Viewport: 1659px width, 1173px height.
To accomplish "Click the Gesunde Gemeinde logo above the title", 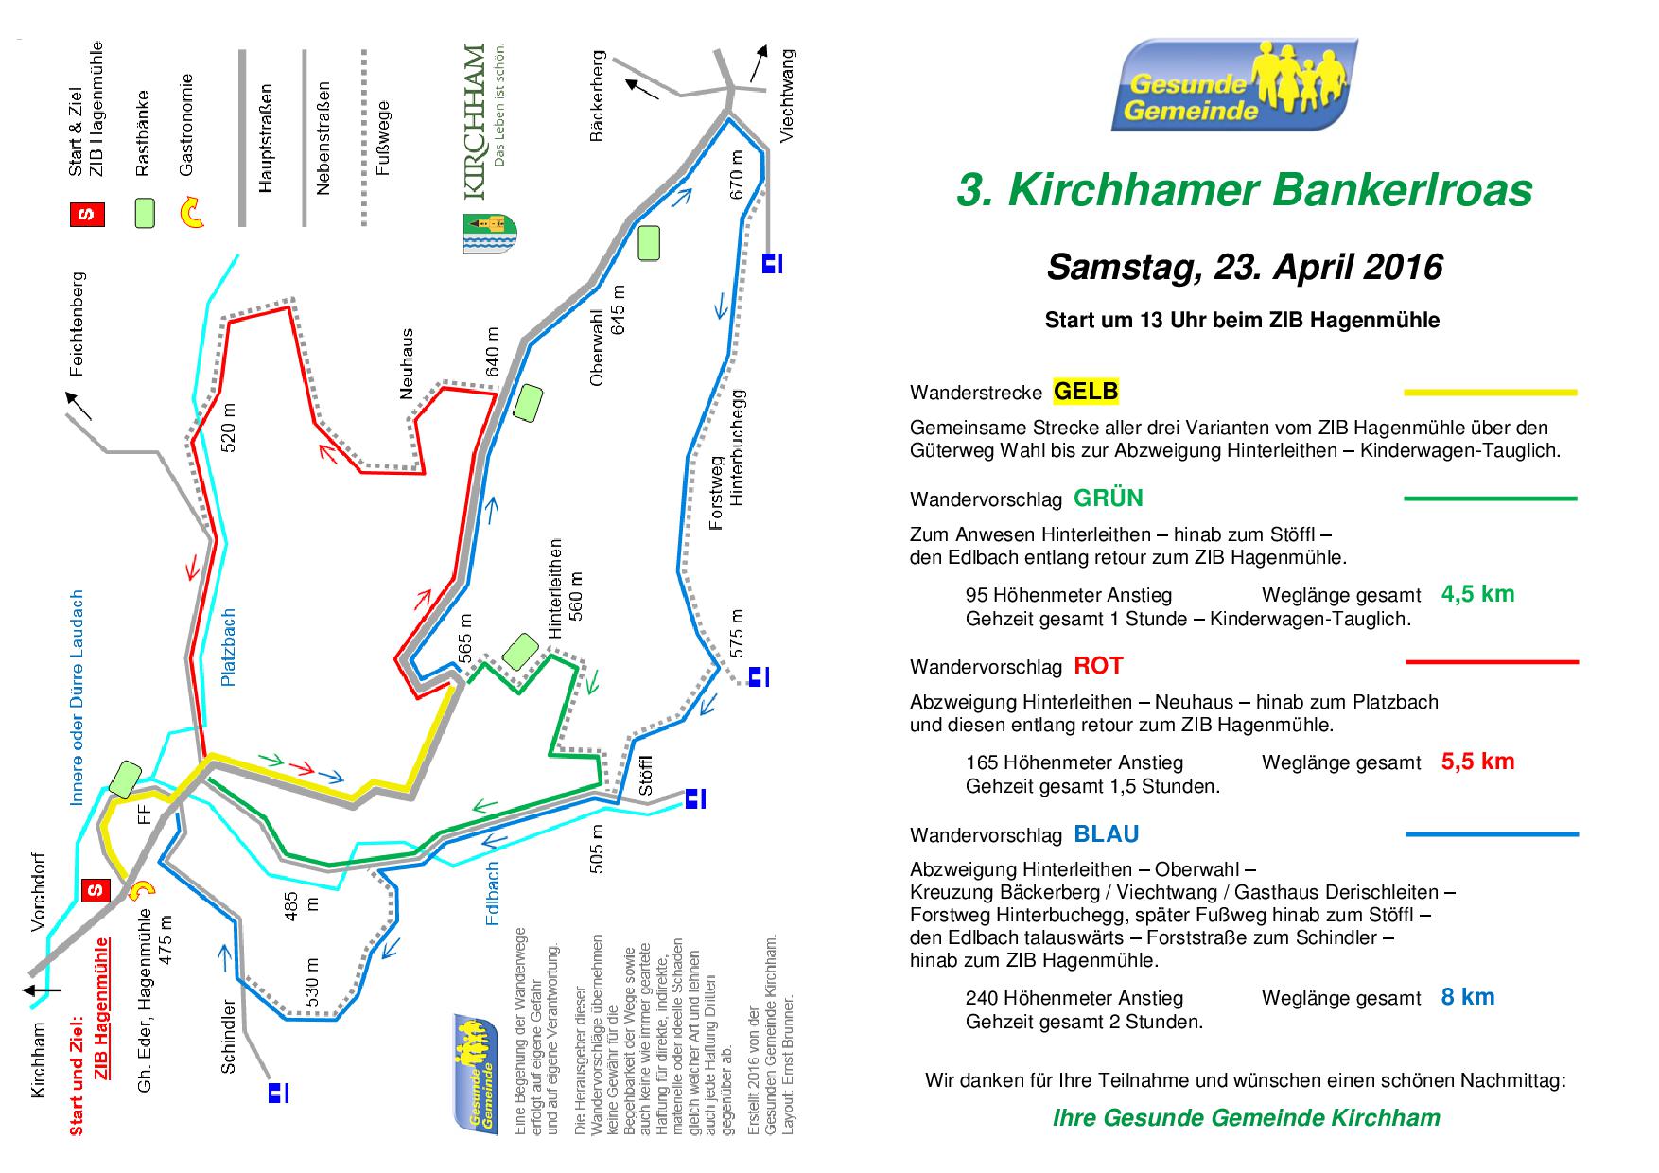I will [x=1234, y=85].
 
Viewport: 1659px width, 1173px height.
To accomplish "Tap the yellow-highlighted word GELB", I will [x=1086, y=391].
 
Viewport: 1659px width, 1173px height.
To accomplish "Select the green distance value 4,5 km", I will [x=1477, y=594].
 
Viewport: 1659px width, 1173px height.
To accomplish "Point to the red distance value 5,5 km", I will [x=1477, y=761].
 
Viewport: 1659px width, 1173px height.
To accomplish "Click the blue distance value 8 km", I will [x=1468, y=996].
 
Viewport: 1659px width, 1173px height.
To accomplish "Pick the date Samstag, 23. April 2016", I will [x=1244, y=267].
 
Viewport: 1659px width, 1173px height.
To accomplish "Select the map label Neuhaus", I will [x=408, y=363].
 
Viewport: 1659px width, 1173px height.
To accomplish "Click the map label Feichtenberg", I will [x=78, y=324].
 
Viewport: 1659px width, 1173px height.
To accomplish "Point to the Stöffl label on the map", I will [x=645, y=775].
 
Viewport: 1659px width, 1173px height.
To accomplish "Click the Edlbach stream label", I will [x=492, y=893].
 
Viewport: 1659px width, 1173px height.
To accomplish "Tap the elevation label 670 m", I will [x=738, y=177].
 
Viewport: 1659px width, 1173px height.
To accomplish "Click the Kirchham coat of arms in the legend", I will [x=489, y=233].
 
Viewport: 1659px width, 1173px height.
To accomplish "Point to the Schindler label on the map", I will [x=229, y=1037].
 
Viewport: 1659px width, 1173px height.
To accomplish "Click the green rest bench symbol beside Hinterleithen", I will [x=519, y=651].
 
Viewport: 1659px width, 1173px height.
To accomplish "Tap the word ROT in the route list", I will [x=1098, y=666].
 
